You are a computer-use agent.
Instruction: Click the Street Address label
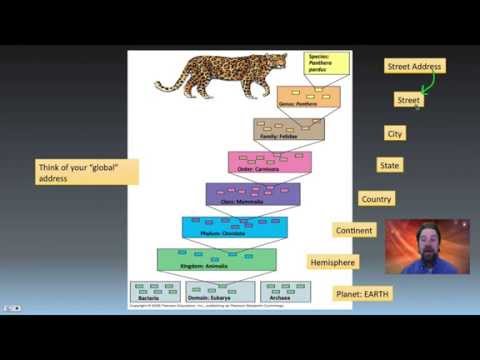[x=414, y=66]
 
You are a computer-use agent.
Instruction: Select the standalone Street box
[x=408, y=100]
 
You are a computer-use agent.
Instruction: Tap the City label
[x=395, y=133]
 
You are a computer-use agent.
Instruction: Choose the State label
[x=389, y=165]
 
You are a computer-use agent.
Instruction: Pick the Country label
[x=376, y=199]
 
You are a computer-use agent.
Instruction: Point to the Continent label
[x=354, y=231]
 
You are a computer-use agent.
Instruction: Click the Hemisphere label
[x=332, y=262]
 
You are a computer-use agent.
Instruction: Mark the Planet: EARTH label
[x=362, y=294]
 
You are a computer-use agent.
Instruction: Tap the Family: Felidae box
[x=289, y=130]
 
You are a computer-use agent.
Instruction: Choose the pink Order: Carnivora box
[x=269, y=163]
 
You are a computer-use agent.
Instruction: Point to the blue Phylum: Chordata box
[x=234, y=228]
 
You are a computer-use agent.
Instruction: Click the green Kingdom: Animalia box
[x=216, y=260]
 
